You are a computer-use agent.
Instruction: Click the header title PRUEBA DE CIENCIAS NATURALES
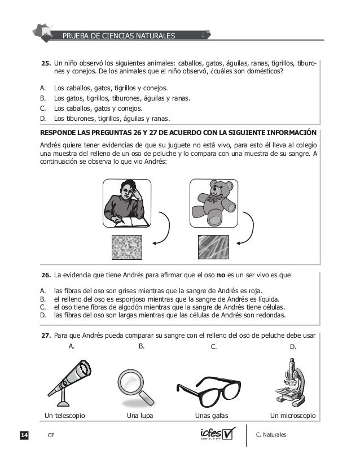click(x=118, y=37)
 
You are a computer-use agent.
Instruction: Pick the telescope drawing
click(x=71, y=378)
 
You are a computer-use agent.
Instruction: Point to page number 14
click(x=24, y=435)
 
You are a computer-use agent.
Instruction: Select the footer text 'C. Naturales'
click(x=271, y=434)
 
